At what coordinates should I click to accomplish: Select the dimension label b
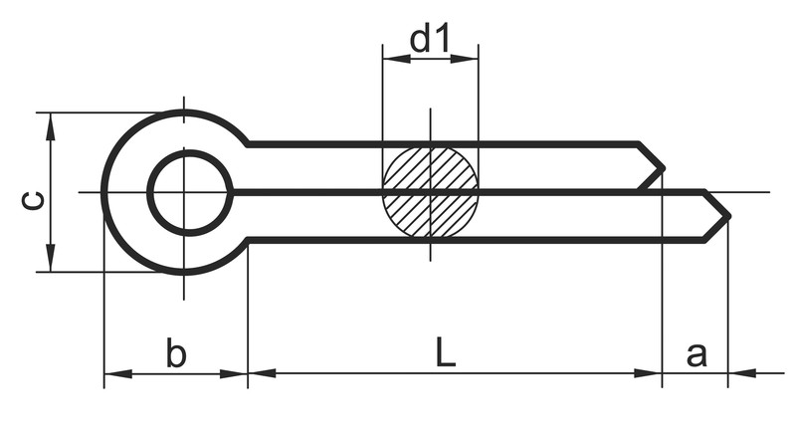[175, 353]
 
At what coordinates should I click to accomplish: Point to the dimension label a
[696, 353]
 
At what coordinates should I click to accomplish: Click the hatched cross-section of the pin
[430, 191]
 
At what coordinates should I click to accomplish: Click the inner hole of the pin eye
[189, 192]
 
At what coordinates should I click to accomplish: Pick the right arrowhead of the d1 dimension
[469, 59]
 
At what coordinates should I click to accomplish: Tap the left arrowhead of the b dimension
[114, 374]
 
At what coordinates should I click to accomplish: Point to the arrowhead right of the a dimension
[739, 374]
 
